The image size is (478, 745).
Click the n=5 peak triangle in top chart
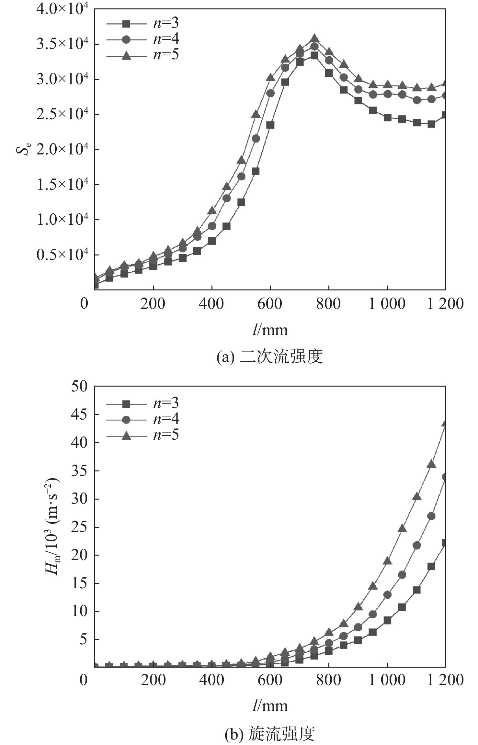(x=314, y=38)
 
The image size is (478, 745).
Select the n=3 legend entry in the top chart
(x=142, y=23)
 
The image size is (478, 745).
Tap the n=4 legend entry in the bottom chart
(x=142, y=420)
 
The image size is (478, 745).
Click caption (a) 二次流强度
(x=269, y=357)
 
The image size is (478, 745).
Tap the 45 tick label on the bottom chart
(x=79, y=414)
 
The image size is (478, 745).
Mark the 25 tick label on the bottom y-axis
(x=79, y=527)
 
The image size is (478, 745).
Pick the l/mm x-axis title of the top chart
(x=270, y=330)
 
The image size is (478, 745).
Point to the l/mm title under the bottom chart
(x=270, y=706)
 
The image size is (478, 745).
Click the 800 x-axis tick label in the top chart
(x=328, y=304)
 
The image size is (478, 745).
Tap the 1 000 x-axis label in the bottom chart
(x=387, y=680)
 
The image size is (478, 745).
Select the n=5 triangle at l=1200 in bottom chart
(x=445, y=423)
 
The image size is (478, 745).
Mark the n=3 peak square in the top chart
(x=314, y=56)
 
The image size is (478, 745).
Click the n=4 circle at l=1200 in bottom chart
(x=445, y=477)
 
